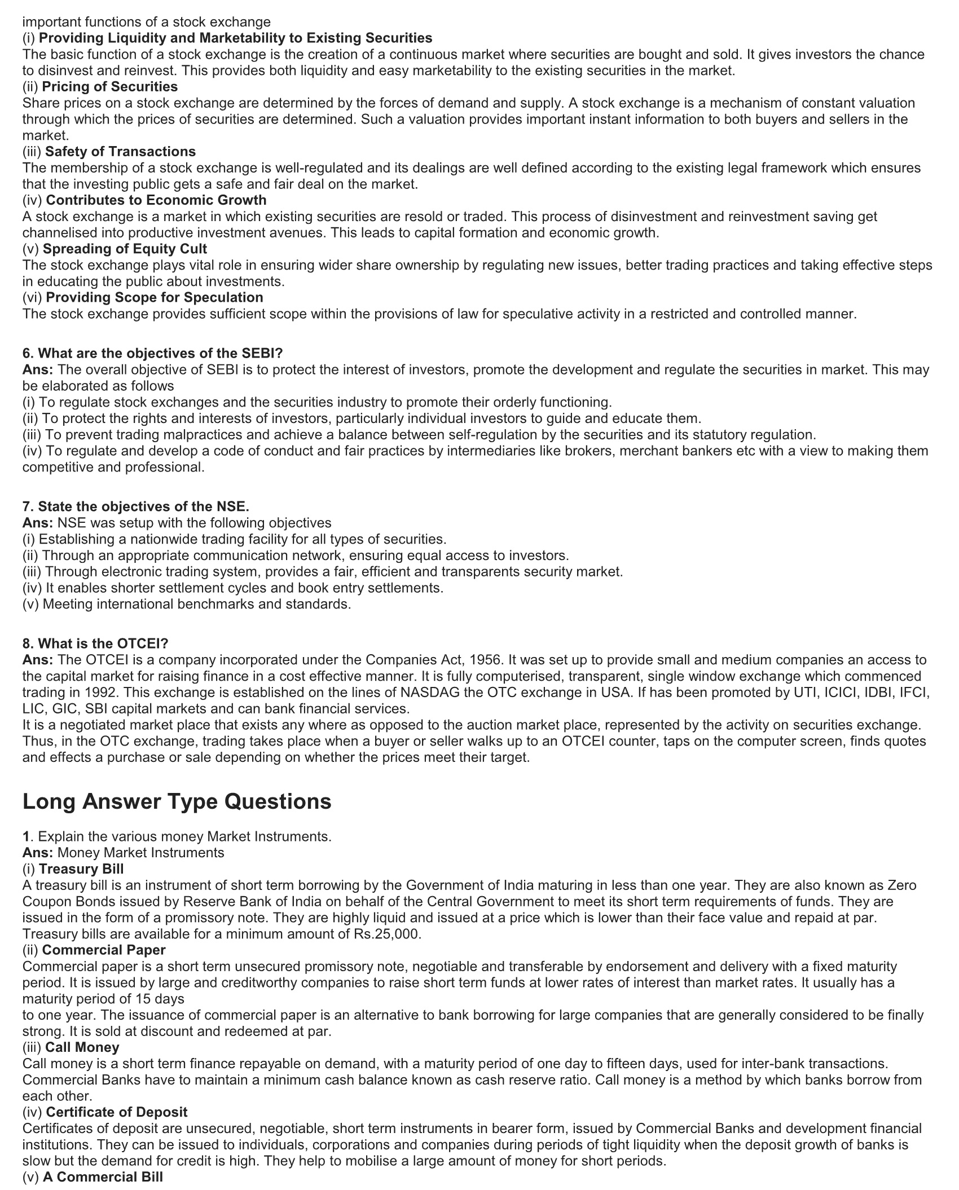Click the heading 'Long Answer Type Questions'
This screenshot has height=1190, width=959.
point(177,801)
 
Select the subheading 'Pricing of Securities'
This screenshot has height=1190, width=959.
point(110,87)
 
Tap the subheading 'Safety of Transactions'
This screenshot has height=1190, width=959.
point(120,152)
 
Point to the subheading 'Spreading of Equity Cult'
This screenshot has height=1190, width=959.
point(125,249)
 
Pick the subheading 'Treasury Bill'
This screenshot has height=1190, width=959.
point(81,869)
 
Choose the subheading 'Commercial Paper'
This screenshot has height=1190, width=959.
point(104,950)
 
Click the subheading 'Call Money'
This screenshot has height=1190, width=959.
point(82,1047)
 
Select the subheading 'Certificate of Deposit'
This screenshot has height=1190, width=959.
point(117,1112)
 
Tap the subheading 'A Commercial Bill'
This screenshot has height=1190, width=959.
point(103,1177)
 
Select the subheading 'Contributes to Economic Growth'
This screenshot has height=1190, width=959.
point(156,200)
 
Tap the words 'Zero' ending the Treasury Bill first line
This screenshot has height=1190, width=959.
point(902,885)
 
